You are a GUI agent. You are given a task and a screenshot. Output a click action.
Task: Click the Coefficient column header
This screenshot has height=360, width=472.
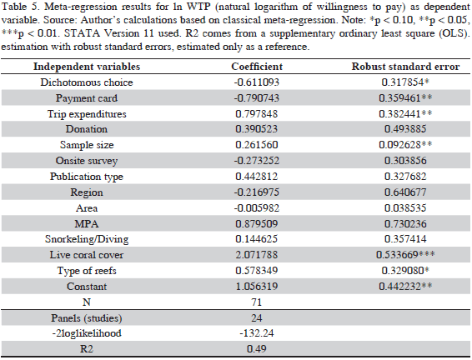tap(257, 67)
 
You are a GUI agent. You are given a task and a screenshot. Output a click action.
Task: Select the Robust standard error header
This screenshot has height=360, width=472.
tap(405, 67)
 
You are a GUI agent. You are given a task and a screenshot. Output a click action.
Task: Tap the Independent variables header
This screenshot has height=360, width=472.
tap(87, 67)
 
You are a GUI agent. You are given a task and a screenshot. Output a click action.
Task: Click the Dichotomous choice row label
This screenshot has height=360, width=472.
tap(87, 82)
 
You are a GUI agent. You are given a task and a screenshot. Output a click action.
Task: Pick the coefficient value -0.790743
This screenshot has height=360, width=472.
tap(257, 98)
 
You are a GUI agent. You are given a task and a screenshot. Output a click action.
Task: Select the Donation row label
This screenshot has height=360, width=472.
tap(87, 129)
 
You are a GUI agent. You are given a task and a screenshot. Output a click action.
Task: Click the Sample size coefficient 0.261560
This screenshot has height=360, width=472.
tap(257, 145)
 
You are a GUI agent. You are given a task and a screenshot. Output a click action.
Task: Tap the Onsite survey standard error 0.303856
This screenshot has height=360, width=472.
tap(405, 161)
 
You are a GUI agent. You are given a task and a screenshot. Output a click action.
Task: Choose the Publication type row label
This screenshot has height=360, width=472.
tap(87, 177)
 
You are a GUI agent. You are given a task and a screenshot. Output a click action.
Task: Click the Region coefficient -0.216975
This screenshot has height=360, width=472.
tap(257, 192)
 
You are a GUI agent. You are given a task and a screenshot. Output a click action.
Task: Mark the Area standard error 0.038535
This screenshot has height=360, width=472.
tap(405, 208)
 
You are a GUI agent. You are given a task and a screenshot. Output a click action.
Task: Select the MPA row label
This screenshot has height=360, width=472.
tap(87, 224)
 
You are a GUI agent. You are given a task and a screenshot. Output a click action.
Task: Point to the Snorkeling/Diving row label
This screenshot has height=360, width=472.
tap(87, 239)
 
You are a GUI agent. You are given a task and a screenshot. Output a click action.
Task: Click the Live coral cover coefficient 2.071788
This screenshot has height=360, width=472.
tap(257, 255)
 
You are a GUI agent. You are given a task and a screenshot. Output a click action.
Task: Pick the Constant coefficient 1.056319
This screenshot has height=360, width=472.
tap(257, 287)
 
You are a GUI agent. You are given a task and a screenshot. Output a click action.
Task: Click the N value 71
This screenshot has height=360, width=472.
tap(257, 302)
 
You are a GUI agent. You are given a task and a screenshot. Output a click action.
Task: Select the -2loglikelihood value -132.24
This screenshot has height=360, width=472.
tap(257, 333)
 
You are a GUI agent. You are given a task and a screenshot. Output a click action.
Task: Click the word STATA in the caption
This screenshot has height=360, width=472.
tap(82, 33)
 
